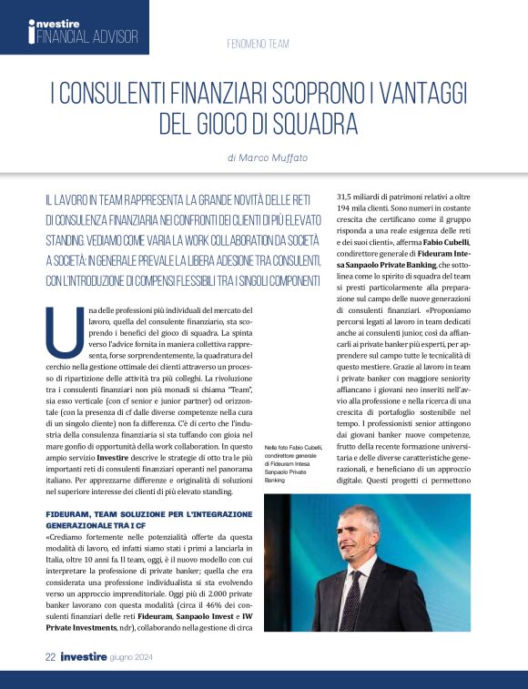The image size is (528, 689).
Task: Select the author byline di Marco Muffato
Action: (268, 157)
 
